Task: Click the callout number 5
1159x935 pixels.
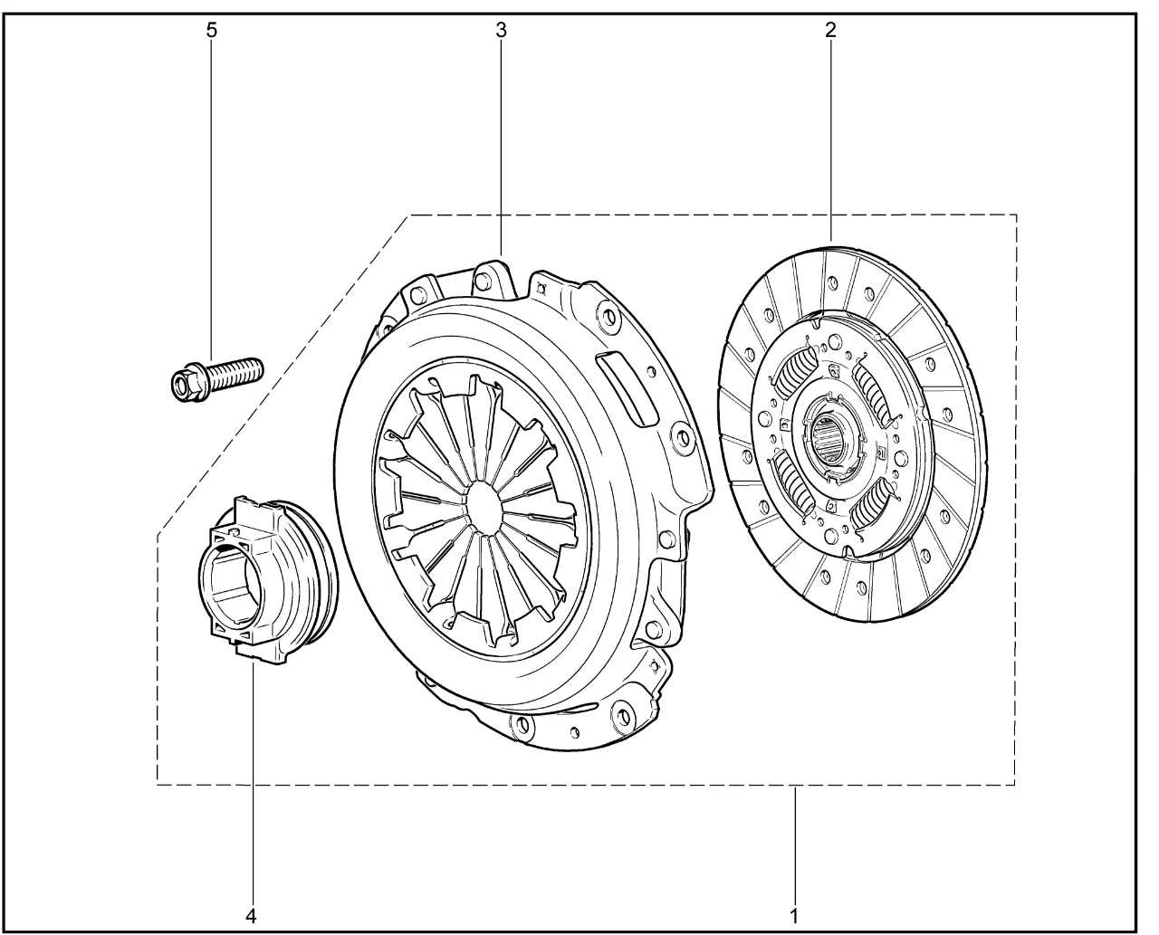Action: pyautogui.click(x=212, y=31)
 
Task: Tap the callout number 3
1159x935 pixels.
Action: pyautogui.click(x=501, y=31)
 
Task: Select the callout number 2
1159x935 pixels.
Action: pyautogui.click(x=830, y=31)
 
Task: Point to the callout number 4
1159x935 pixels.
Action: pyautogui.click(x=251, y=902)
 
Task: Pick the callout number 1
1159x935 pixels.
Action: pyautogui.click(x=794, y=902)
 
